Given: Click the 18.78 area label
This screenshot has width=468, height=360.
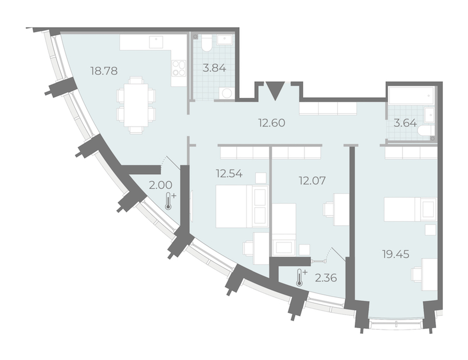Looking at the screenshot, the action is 104,71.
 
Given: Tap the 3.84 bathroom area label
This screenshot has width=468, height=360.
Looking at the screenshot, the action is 214,68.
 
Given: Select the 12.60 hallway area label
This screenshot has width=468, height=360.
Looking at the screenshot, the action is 271,123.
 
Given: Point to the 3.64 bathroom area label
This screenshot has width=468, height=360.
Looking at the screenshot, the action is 405,123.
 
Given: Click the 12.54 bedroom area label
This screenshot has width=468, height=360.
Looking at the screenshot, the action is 229,173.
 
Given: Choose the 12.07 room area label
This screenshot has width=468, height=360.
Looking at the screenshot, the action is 312,181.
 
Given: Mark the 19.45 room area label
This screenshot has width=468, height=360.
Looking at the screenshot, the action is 396,254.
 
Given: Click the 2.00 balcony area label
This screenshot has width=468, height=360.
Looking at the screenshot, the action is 161,185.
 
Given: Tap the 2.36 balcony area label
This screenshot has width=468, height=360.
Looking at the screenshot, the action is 326,278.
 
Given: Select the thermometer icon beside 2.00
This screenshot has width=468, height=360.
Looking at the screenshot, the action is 169,201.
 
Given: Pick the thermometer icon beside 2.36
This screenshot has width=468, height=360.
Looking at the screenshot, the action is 300,278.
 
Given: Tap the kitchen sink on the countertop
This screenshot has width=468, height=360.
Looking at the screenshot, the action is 156,42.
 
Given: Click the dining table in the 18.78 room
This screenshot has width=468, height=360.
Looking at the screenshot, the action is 136,105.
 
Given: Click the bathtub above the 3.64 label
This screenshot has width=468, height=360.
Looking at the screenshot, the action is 411,96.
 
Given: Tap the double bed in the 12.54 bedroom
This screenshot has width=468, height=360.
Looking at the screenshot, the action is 242,206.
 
